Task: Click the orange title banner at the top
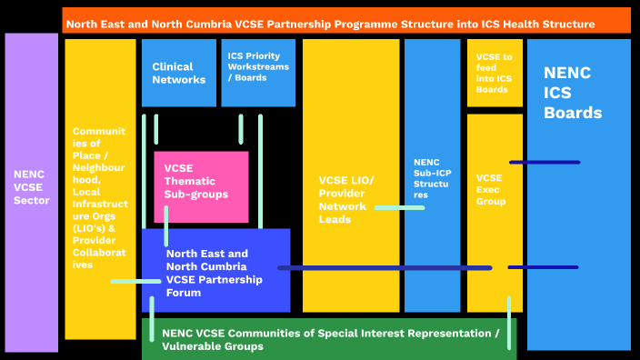tap(345, 20)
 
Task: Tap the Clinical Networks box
tap(178, 73)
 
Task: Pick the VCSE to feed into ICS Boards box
tap(495, 73)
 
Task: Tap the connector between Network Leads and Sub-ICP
tap(399, 208)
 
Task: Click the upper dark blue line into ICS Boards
tap(544, 163)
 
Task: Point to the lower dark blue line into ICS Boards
tap(543, 267)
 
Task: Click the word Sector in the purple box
tap(31, 200)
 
